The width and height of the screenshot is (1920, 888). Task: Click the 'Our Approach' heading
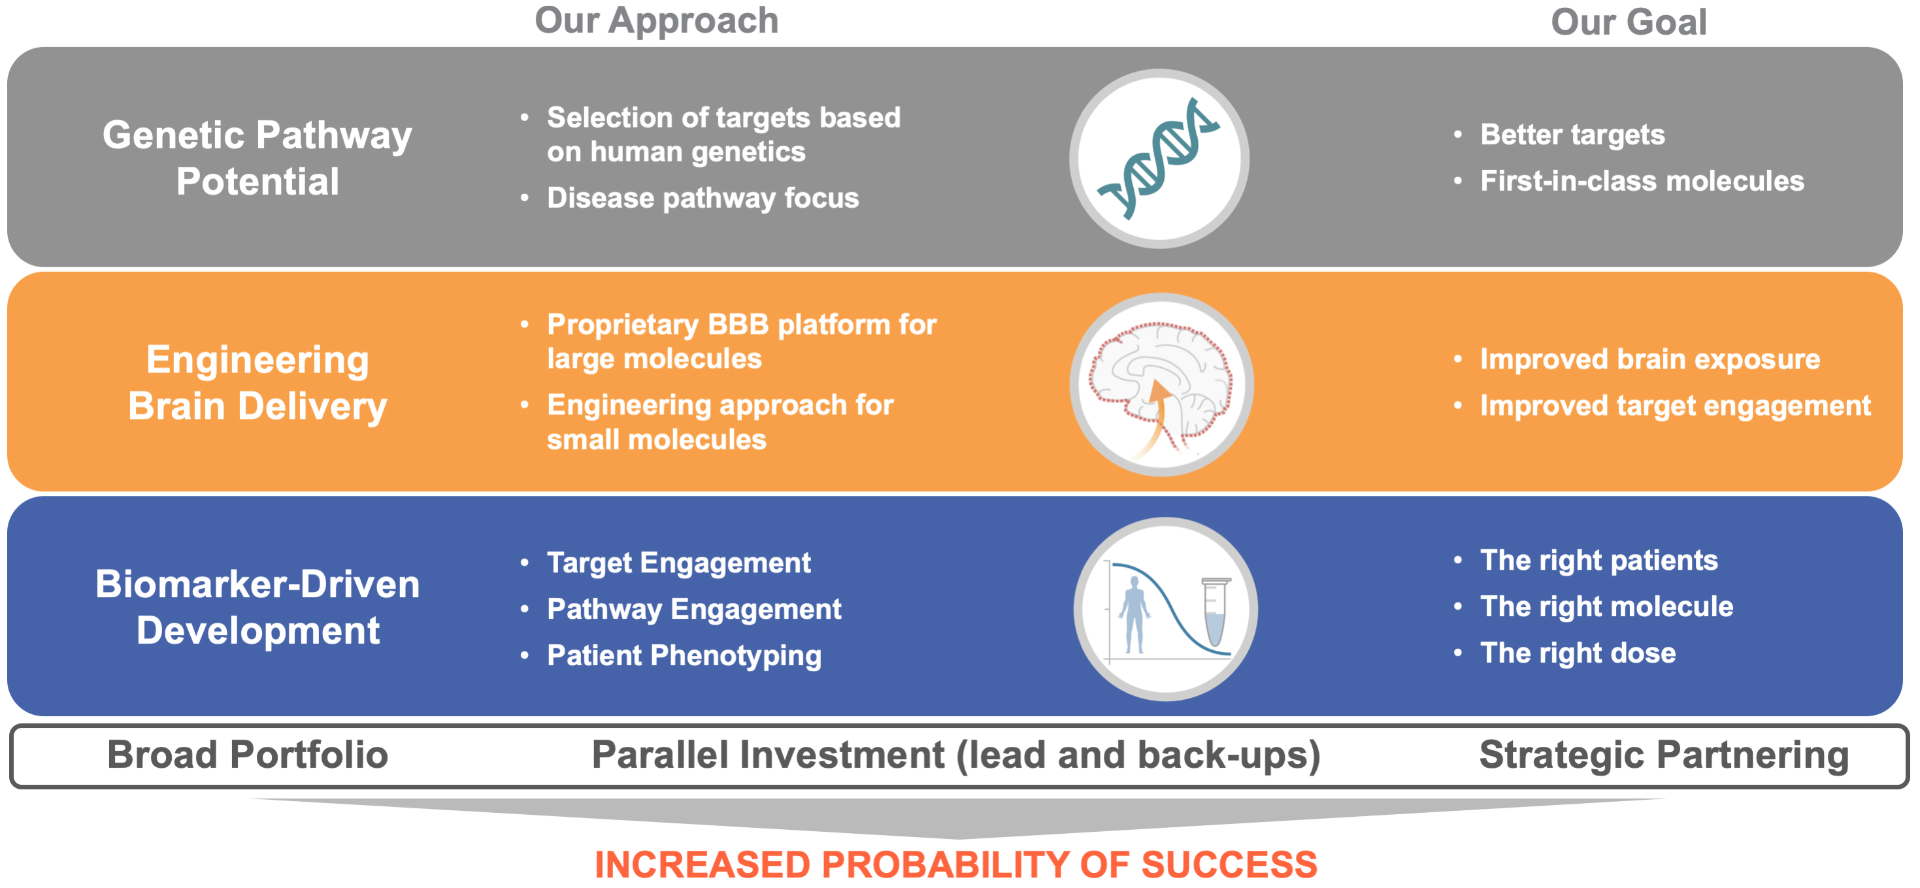pos(657,20)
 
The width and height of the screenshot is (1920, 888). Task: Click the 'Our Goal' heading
pos(1629,22)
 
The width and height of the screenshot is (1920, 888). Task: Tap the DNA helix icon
pos(1160,158)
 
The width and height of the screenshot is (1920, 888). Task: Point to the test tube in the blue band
pos(1216,611)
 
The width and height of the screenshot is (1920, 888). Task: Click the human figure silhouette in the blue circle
pos(1134,615)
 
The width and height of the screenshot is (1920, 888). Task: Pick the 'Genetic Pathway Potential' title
pos(257,158)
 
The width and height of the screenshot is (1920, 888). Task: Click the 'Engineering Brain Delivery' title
pos(257,383)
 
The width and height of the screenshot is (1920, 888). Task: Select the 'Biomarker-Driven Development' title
pos(257,607)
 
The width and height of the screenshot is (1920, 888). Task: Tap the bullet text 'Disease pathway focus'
pos(703,198)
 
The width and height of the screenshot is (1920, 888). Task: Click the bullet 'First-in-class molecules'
pos(1642,181)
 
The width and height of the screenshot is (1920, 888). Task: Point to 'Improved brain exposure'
pos(1650,359)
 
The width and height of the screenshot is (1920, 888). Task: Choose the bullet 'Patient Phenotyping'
pos(684,655)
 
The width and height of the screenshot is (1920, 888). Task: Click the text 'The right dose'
pos(1578,653)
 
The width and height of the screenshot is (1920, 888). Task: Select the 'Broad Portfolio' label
pos(248,755)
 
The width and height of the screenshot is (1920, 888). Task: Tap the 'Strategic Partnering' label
pos(1664,755)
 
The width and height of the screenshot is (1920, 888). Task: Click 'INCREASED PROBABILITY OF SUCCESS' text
pos(955,865)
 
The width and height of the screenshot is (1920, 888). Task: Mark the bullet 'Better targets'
pos(1573,135)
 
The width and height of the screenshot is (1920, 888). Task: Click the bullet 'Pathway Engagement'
pos(694,610)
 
